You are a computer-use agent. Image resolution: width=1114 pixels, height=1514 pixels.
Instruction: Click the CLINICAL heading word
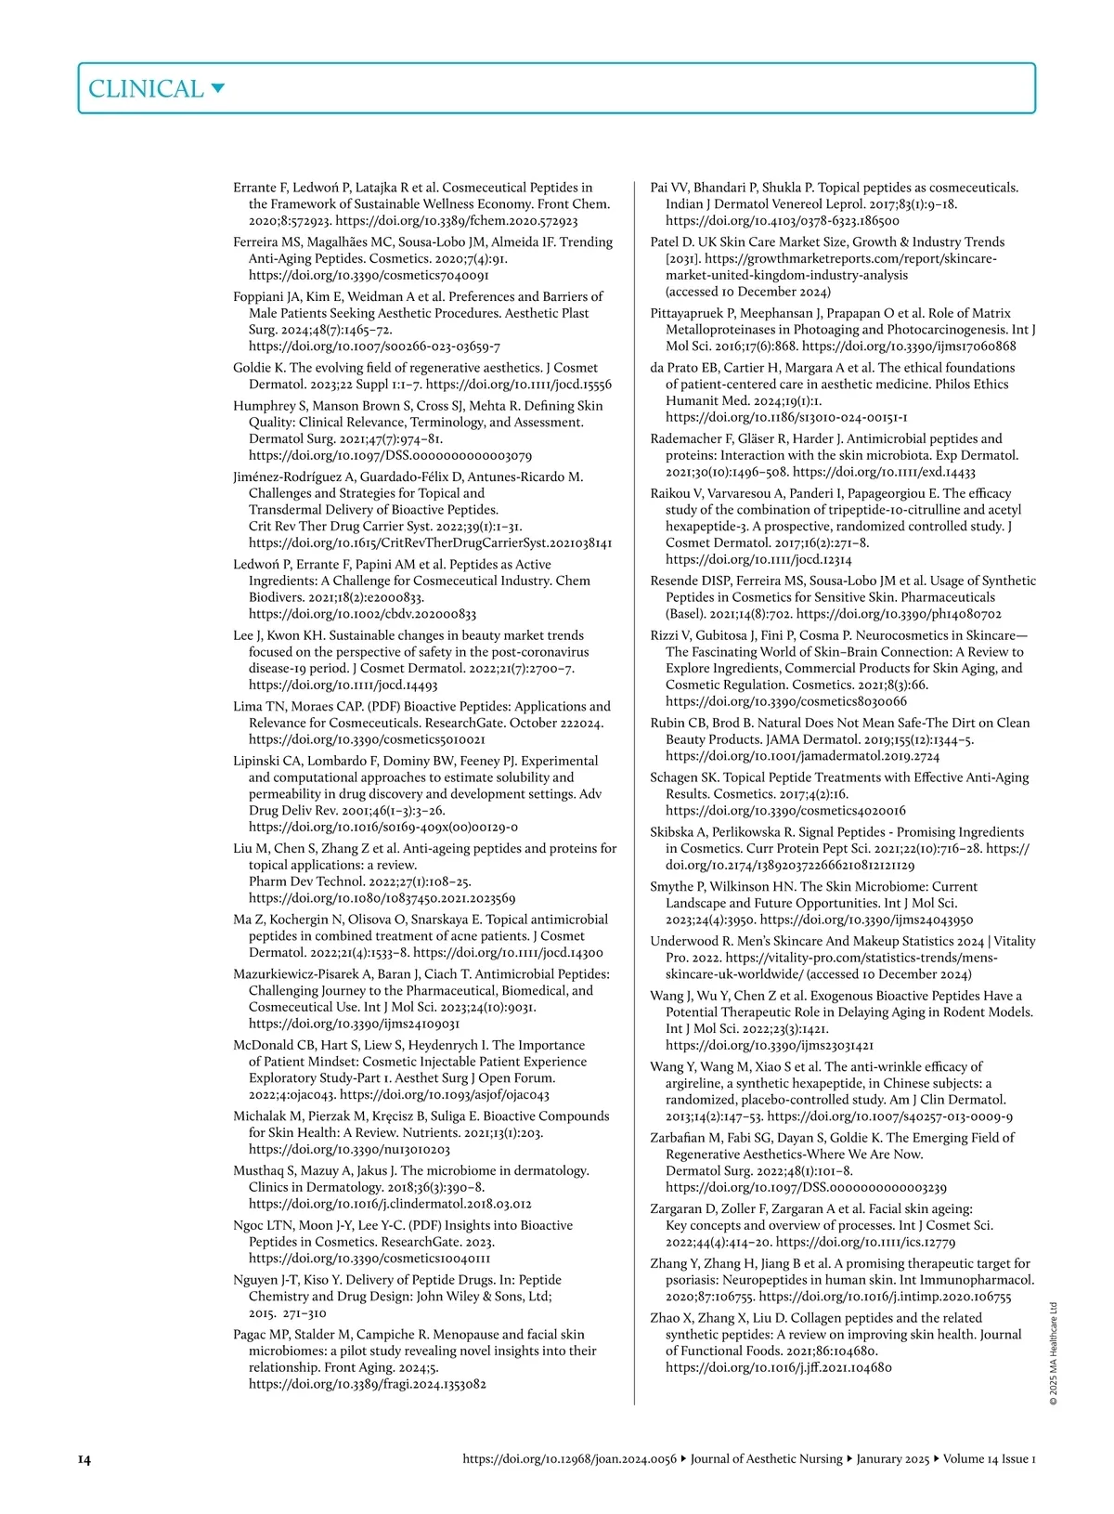(145, 89)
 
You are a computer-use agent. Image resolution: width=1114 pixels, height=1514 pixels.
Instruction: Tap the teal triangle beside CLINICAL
(218, 88)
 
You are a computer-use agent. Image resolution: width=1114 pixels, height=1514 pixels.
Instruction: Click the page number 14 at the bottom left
(84, 1459)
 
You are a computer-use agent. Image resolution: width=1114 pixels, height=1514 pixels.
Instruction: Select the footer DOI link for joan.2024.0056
(569, 1459)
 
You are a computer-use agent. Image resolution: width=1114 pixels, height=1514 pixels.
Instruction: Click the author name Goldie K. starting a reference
(259, 368)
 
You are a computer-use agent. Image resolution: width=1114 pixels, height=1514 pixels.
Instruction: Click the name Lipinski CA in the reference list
(265, 761)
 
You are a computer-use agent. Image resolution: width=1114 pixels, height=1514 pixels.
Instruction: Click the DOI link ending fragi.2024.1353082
(367, 1384)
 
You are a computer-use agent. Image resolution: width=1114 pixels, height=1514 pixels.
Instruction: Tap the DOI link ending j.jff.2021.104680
(778, 1367)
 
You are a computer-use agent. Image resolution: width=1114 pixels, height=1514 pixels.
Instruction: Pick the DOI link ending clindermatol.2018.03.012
(390, 1204)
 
